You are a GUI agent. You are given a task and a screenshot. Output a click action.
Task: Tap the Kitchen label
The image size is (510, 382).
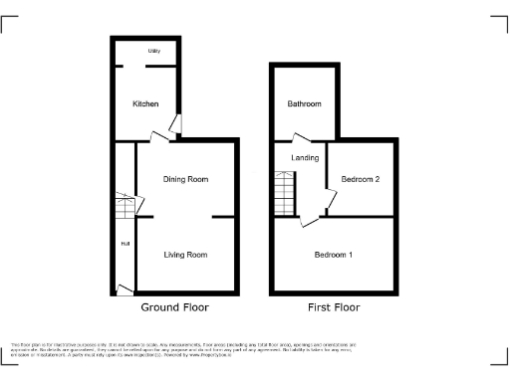(146, 103)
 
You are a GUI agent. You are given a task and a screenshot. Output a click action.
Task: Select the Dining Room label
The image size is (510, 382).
(185, 179)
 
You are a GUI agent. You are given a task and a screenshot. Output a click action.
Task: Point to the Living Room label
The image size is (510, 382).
(185, 255)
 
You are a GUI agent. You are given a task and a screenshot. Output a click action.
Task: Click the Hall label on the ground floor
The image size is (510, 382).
(126, 244)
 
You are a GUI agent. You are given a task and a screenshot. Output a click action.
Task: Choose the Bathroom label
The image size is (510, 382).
(305, 103)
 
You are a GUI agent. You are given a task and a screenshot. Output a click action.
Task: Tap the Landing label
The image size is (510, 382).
(305, 158)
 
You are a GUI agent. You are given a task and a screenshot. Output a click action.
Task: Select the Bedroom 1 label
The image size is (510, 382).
(334, 255)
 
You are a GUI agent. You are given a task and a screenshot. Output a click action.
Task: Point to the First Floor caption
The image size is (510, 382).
(334, 307)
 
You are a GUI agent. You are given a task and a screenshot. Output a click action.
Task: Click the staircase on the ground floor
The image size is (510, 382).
(125, 209)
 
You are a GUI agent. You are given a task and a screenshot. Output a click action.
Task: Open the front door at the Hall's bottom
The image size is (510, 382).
(125, 289)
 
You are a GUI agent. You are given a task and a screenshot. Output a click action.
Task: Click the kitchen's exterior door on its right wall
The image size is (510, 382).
(175, 123)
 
